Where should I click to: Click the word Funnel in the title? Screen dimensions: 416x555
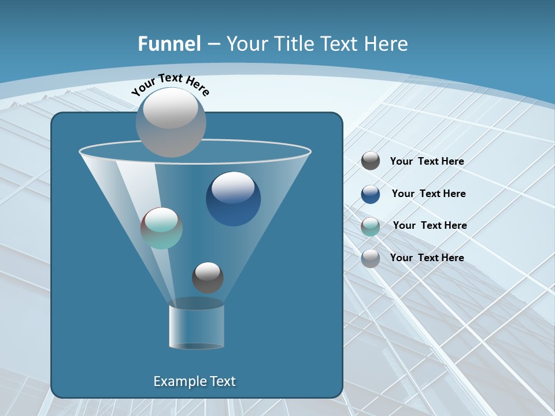(169, 44)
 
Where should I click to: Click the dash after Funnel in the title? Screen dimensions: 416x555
(213, 44)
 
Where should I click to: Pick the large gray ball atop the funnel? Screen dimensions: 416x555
(171, 121)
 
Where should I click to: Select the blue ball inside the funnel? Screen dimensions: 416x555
(233, 198)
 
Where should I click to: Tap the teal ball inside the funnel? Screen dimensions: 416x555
(161, 228)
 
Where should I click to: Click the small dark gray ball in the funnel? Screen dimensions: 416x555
(208, 277)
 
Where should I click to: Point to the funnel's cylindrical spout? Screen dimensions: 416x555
(197, 325)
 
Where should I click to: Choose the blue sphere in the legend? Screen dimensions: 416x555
(371, 194)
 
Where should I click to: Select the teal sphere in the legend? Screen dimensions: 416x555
(371, 226)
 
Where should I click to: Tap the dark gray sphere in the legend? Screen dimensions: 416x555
(371, 161)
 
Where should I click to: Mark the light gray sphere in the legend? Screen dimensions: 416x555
(371, 258)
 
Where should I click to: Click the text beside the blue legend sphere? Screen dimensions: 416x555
(428, 194)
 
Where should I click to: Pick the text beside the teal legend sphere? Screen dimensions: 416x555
(430, 225)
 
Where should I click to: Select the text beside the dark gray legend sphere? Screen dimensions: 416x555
(427, 161)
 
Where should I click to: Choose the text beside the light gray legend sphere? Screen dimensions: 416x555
(427, 258)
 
